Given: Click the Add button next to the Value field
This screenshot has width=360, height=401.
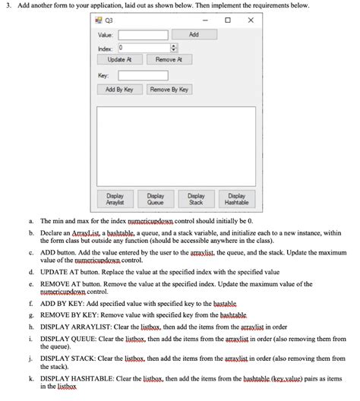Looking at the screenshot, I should (x=194, y=34).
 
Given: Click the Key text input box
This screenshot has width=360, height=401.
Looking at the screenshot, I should (x=142, y=75).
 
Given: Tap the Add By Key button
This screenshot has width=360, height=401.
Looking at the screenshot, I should (x=118, y=90).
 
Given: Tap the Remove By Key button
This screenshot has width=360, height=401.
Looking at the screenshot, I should (x=169, y=90).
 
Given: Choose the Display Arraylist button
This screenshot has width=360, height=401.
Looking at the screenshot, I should (x=115, y=199).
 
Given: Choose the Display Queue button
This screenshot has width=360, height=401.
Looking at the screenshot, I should (x=155, y=199).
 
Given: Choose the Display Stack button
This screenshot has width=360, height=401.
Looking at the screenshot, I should (x=196, y=199).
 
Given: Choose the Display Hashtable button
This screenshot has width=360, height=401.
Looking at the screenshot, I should (x=236, y=199).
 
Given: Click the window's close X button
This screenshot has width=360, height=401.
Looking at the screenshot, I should (x=250, y=21).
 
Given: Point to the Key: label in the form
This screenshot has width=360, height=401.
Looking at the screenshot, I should (x=104, y=75).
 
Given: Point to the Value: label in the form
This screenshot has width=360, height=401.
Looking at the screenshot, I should (x=106, y=35).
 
